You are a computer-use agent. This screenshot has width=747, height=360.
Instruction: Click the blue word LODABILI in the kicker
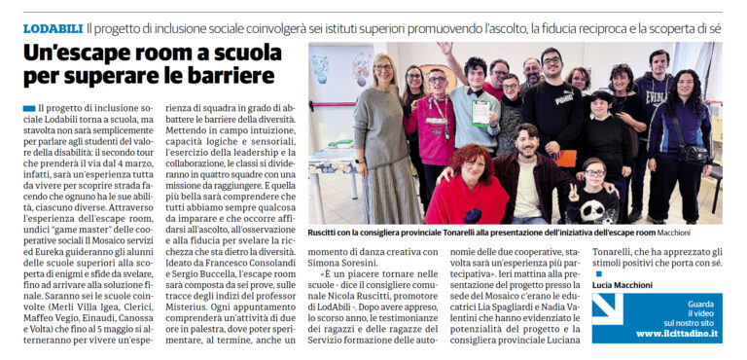53,29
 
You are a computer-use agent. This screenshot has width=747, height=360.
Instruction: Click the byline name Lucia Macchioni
622,284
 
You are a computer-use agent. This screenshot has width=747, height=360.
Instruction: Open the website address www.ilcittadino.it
677,334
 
